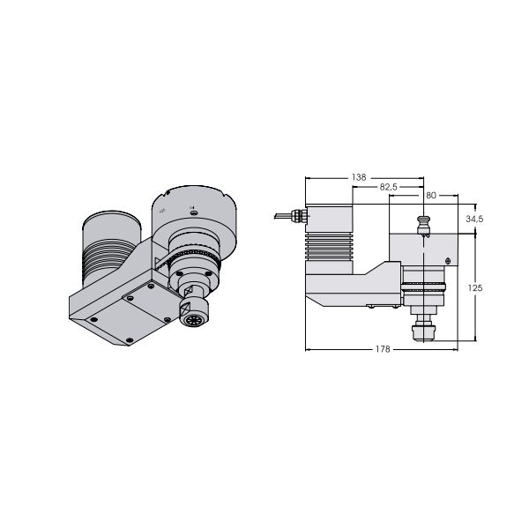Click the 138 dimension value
[359, 177]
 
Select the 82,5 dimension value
[388, 187]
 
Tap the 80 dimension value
[431, 195]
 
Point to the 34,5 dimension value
[474, 219]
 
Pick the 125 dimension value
[475, 287]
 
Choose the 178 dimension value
[383, 349]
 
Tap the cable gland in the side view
[299, 216]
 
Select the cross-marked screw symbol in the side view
[448, 260]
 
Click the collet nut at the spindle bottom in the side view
[423, 332]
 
